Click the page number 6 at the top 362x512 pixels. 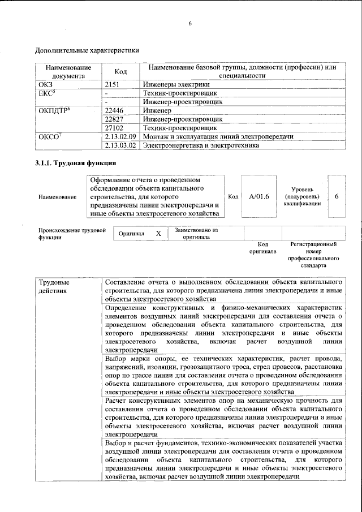[x=191, y=23]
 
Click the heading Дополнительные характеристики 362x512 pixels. [x=87, y=50]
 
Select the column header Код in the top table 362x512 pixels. [x=120, y=71]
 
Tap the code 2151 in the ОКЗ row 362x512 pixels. [x=114, y=84]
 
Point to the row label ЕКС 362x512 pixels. [x=46, y=93]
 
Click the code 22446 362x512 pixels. [x=115, y=111]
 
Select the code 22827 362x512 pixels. [x=115, y=119]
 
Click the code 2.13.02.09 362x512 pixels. [x=121, y=137]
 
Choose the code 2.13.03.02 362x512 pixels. [x=121, y=145]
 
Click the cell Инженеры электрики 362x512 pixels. [x=172, y=84]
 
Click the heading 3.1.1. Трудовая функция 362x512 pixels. [x=76, y=163]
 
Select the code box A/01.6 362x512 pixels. [x=258, y=196]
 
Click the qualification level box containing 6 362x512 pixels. [x=337, y=196]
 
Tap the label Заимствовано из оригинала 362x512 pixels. [x=196, y=234]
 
